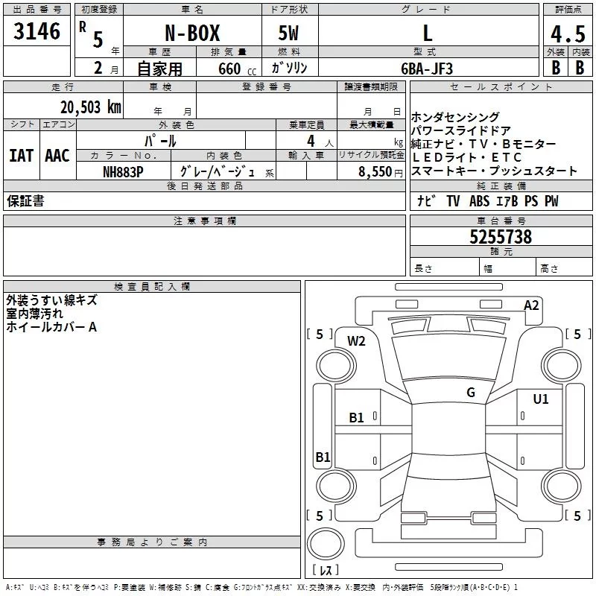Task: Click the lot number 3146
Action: (37, 31)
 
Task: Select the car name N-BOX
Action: (191, 33)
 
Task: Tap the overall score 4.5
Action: (568, 34)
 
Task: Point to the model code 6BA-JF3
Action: (426, 68)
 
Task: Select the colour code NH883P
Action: (123, 171)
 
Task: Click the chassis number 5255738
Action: (501, 237)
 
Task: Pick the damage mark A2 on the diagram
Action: (531, 305)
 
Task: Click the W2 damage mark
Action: (357, 341)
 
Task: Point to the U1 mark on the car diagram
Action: (540, 399)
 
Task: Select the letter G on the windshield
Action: (471, 393)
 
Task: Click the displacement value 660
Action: (229, 69)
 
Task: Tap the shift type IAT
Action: (21, 156)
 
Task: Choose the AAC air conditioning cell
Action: (57, 156)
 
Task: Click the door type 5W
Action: (288, 33)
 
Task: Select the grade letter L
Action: (427, 33)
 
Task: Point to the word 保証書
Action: (25, 201)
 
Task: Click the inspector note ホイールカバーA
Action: (51, 327)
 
